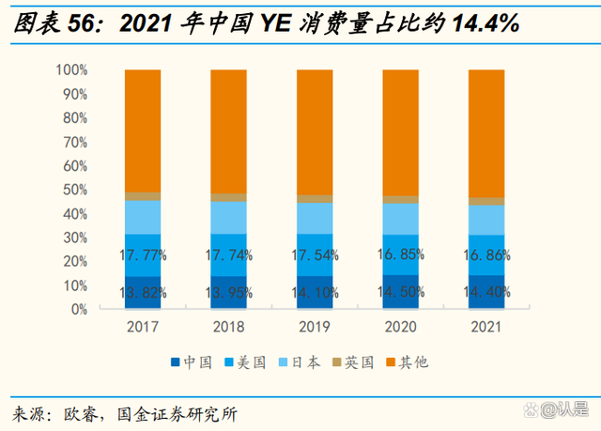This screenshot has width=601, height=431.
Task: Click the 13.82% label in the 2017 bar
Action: (143, 293)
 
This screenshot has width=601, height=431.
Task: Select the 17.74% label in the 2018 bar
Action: (229, 254)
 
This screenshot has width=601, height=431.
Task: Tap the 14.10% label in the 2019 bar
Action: (316, 293)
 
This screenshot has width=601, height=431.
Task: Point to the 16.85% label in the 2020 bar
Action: (402, 254)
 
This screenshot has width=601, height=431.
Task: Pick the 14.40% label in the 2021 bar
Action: (487, 293)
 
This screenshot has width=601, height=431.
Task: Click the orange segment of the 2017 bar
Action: (143, 131)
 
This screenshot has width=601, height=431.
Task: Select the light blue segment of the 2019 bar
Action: (316, 218)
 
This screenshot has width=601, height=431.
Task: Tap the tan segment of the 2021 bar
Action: (487, 201)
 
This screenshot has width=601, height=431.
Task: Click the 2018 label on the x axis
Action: (229, 327)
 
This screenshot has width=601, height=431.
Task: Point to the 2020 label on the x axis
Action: (402, 327)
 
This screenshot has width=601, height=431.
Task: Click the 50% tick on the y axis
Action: (74, 190)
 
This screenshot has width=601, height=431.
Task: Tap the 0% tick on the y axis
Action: (79, 309)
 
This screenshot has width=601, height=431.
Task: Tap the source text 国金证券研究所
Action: (177, 413)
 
